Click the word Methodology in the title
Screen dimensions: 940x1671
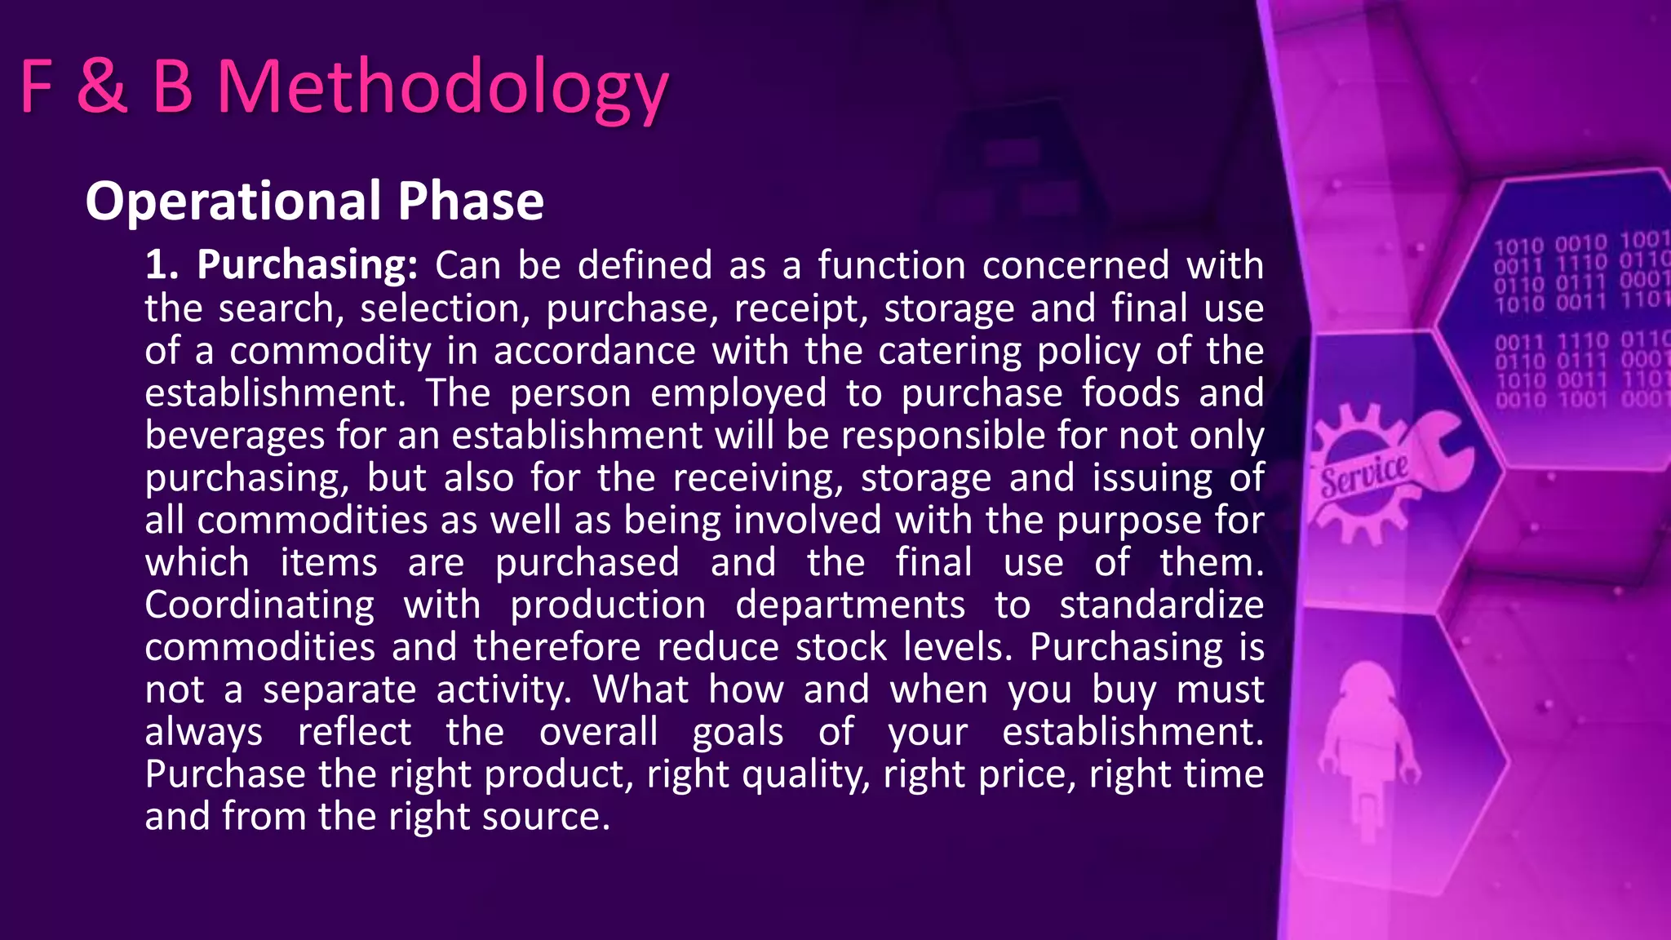coord(442,88)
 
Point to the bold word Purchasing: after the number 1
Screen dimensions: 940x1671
coord(307,266)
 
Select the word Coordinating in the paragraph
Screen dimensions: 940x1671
coord(259,605)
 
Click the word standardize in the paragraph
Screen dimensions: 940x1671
coord(1161,605)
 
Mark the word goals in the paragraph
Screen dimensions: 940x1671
coord(738,732)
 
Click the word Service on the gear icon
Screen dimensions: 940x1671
coord(1363,475)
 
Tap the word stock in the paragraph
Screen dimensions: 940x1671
coord(840,648)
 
